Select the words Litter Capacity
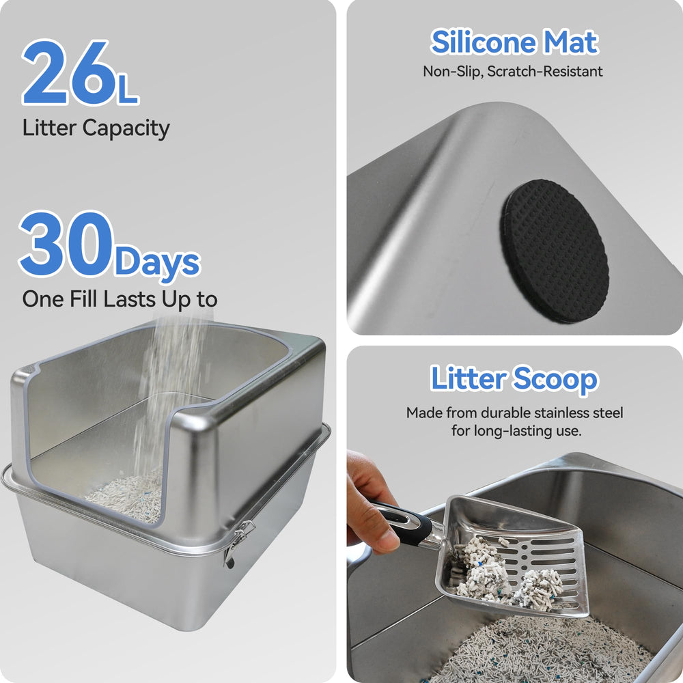tap(96, 128)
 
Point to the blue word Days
tap(157, 262)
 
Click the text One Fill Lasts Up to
tap(120, 299)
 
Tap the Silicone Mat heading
tap(514, 42)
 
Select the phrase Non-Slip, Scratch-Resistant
tap(513, 71)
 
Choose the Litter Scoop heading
tap(514, 379)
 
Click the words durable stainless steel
tap(557, 413)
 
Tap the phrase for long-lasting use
tap(515, 431)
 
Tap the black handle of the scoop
tap(406, 522)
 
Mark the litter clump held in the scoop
tap(505, 574)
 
